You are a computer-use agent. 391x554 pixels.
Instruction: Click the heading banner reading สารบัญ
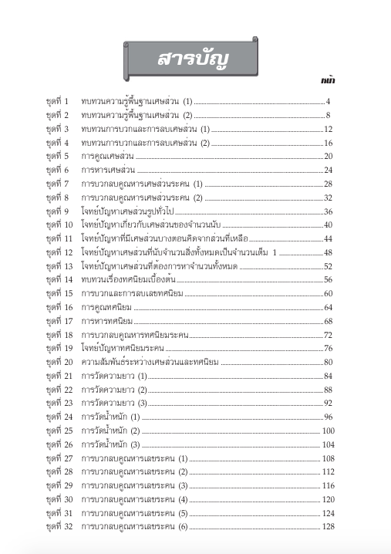pos(195,59)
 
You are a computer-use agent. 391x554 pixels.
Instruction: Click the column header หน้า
pos(328,79)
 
